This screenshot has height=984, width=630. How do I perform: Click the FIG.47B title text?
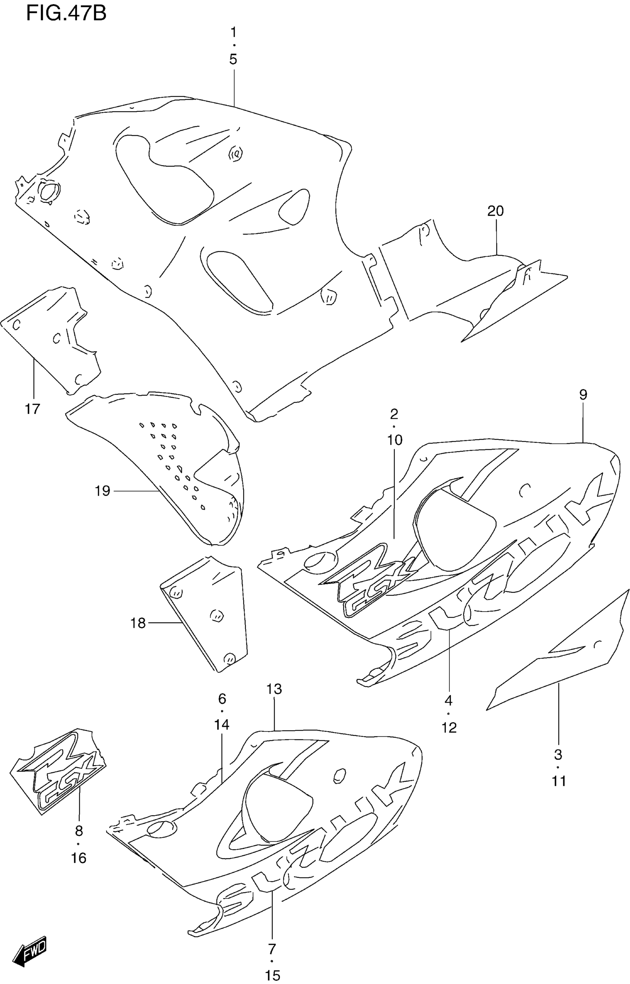coord(66,13)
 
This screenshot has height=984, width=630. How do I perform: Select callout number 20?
coord(495,211)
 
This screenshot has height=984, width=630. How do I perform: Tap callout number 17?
coord(33,409)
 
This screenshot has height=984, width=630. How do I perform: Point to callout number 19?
coord(103,491)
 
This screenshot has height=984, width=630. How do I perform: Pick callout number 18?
coord(138,623)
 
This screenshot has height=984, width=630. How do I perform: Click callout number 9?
coord(583,395)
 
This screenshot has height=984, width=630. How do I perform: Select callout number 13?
coord(274,689)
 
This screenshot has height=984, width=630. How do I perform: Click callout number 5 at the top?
coord(233,60)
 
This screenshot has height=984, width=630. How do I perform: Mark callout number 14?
coord(222,724)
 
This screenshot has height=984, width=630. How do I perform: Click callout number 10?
coord(395,440)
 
